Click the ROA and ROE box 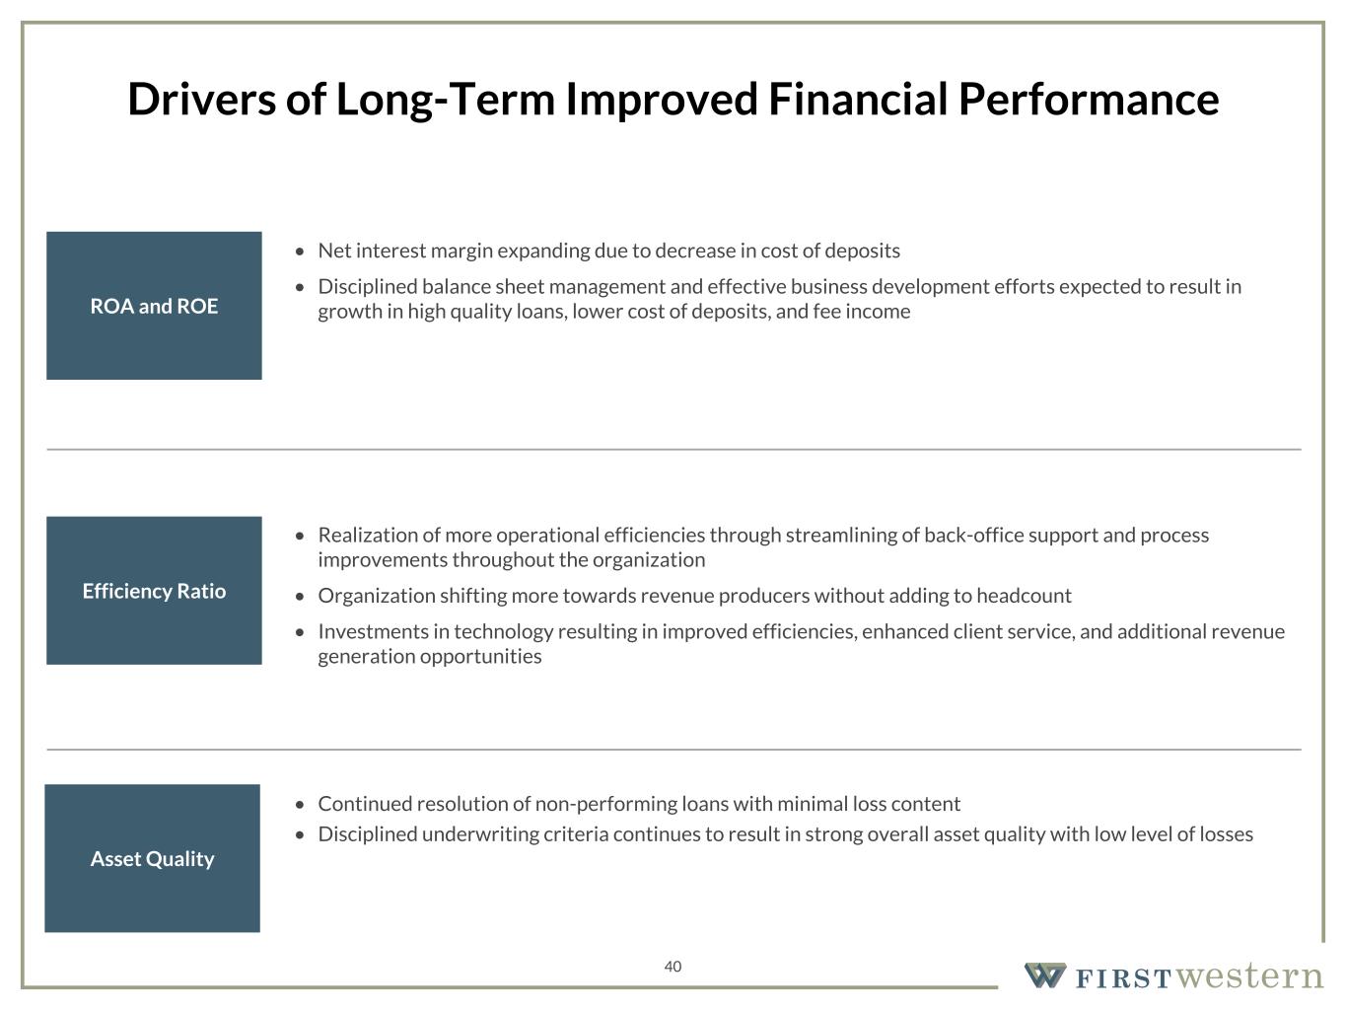coord(154,306)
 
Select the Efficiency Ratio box coord(154,591)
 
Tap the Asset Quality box coord(152,858)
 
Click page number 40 coord(673,967)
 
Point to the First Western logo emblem coord(1045,975)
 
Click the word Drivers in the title coord(202,100)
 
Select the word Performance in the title coord(1089,100)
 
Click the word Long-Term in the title coord(446,101)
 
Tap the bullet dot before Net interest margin coord(299,252)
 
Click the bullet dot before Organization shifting coord(299,597)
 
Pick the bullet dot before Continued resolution coord(299,805)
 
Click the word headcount coord(1024,596)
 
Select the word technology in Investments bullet coord(504,632)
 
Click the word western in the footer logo coord(1250,975)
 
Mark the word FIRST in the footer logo coord(1123,978)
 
